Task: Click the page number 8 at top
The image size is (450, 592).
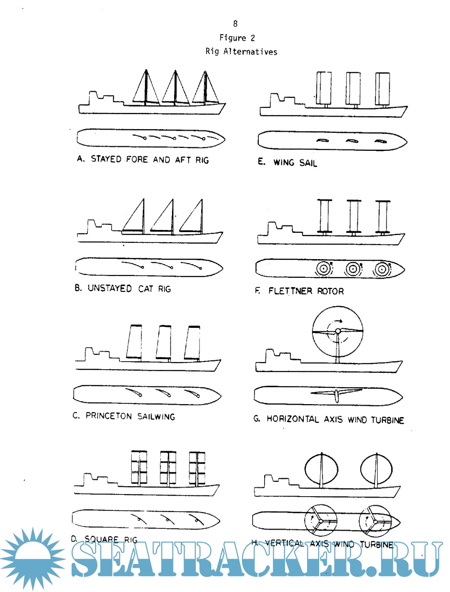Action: point(235,24)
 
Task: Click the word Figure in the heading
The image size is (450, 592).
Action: point(232,38)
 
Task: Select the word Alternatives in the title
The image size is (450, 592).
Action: point(250,52)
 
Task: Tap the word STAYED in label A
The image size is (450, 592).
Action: point(106,159)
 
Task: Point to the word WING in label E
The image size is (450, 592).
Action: point(284,162)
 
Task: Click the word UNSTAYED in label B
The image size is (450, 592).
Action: point(110,288)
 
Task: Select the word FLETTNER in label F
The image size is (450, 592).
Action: point(290,291)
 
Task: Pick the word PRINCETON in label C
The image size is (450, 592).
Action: point(109,416)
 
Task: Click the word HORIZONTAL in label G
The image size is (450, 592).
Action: point(293,419)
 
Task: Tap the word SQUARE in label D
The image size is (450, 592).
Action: point(102,539)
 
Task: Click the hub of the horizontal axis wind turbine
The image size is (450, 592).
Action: point(338,331)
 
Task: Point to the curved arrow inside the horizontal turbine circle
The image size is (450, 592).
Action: point(335,322)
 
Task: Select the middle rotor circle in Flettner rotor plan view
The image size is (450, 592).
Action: point(353,269)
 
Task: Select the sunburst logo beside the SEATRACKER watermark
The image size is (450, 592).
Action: point(32,558)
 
